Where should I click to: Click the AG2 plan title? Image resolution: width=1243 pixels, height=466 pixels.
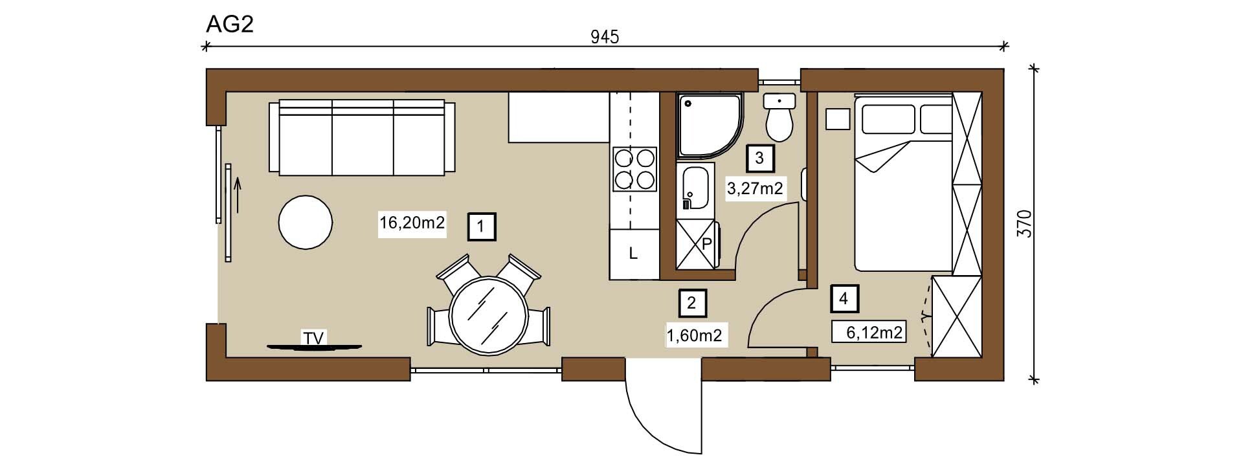tap(229, 24)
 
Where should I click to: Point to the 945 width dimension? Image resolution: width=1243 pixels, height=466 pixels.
tap(605, 37)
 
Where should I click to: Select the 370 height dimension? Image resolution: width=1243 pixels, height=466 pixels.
tap(1025, 224)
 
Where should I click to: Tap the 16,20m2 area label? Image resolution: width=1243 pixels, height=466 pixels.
tap(412, 223)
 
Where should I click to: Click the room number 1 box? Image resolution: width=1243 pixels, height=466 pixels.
tap(481, 227)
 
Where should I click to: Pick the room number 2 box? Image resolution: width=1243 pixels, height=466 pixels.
tap(692, 302)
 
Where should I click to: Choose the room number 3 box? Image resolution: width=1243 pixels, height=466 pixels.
tap(759, 157)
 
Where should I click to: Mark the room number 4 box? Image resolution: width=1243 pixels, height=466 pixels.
tap(843, 298)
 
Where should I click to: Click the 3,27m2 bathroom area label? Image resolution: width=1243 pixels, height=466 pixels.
tap(756, 189)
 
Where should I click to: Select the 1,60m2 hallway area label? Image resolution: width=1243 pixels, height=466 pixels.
tap(694, 335)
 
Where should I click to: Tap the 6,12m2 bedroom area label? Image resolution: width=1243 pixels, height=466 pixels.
tap(874, 333)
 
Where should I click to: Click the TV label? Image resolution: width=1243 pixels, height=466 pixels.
tap(313, 337)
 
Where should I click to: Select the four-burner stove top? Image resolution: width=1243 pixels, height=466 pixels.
tap(634, 169)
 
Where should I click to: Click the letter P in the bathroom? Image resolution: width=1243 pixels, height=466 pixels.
tap(707, 244)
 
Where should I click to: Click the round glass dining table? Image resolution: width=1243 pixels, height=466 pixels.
tap(488, 315)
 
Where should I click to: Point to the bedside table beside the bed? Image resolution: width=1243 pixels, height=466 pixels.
tap(838, 119)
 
